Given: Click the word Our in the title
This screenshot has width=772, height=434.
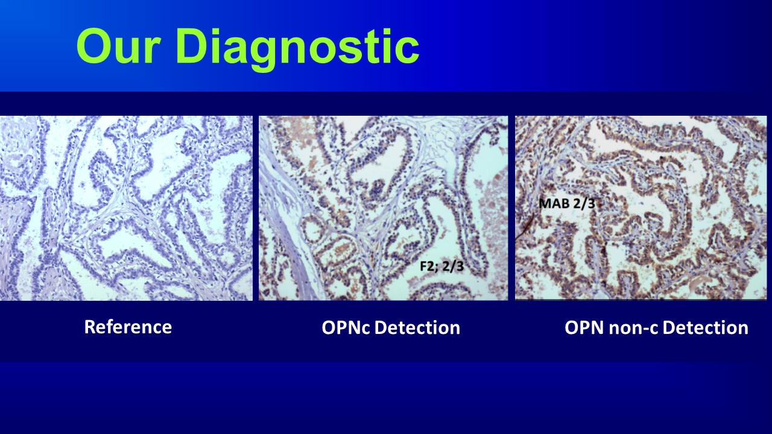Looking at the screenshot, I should pos(119,47).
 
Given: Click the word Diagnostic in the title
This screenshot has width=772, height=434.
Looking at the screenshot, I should pos(298,47).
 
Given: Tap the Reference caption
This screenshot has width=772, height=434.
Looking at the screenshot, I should pos(128,327).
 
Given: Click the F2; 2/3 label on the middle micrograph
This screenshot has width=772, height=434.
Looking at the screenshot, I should pos(441,266).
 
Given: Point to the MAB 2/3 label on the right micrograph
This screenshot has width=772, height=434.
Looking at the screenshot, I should pos(567,204).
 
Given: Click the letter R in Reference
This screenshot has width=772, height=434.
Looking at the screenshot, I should pos(90,327).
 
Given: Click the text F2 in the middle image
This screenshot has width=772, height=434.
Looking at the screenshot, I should pos(426,266).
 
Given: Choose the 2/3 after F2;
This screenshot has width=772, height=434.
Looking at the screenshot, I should pos(453,266).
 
